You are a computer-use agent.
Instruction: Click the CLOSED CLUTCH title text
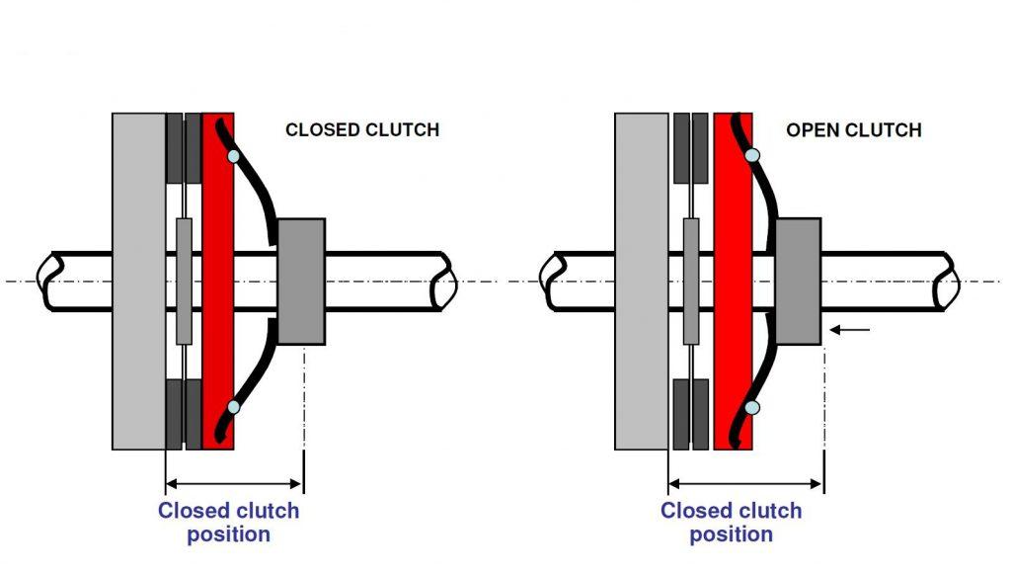(x=361, y=129)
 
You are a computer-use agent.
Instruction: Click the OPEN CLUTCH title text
(x=853, y=129)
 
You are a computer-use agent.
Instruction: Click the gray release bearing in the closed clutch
(x=301, y=282)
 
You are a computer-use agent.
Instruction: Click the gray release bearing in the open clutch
(x=798, y=282)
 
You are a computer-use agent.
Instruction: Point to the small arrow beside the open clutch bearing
(x=850, y=329)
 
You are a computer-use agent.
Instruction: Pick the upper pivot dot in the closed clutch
(x=233, y=156)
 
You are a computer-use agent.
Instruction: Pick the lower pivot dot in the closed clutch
(x=233, y=406)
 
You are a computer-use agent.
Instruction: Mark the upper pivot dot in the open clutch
(x=752, y=155)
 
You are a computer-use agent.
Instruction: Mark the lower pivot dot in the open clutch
(x=752, y=407)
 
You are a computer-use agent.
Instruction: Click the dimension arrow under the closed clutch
(x=234, y=483)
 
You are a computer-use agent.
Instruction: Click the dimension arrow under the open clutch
(x=745, y=483)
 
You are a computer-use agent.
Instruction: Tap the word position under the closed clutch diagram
(x=228, y=534)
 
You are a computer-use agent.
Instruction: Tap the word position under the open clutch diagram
(x=731, y=534)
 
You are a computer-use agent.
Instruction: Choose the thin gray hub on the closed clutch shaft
(x=184, y=282)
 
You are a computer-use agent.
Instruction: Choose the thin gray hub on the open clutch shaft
(x=691, y=282)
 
